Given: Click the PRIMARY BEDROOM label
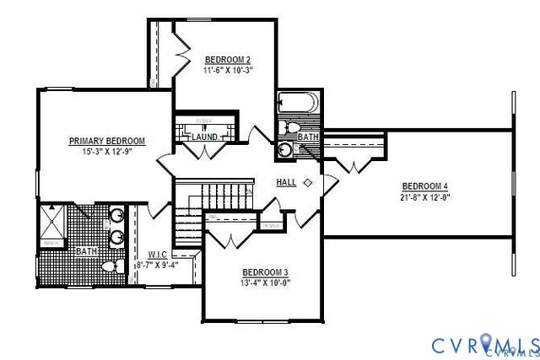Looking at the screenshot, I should (107, 141).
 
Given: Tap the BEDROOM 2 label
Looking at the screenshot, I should (228, 60).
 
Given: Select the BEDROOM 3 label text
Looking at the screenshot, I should (266, 271).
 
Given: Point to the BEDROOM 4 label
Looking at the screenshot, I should (424, 185).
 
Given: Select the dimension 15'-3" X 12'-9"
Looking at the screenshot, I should (107, 152).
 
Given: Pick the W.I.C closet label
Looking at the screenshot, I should (157, 254).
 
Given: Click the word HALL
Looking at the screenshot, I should (285, 182).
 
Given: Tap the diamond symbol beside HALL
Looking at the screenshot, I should (308, 182).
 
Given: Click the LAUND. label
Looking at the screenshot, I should (204, 137).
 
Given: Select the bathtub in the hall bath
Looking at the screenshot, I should (298, 104).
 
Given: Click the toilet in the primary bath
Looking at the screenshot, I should (107, 266).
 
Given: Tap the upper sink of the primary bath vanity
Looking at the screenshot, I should (116, 216).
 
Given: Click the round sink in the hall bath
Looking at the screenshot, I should (286, 150).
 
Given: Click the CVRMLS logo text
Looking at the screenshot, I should (485, 344).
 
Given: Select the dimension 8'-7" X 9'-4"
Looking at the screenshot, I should (157, 264).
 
